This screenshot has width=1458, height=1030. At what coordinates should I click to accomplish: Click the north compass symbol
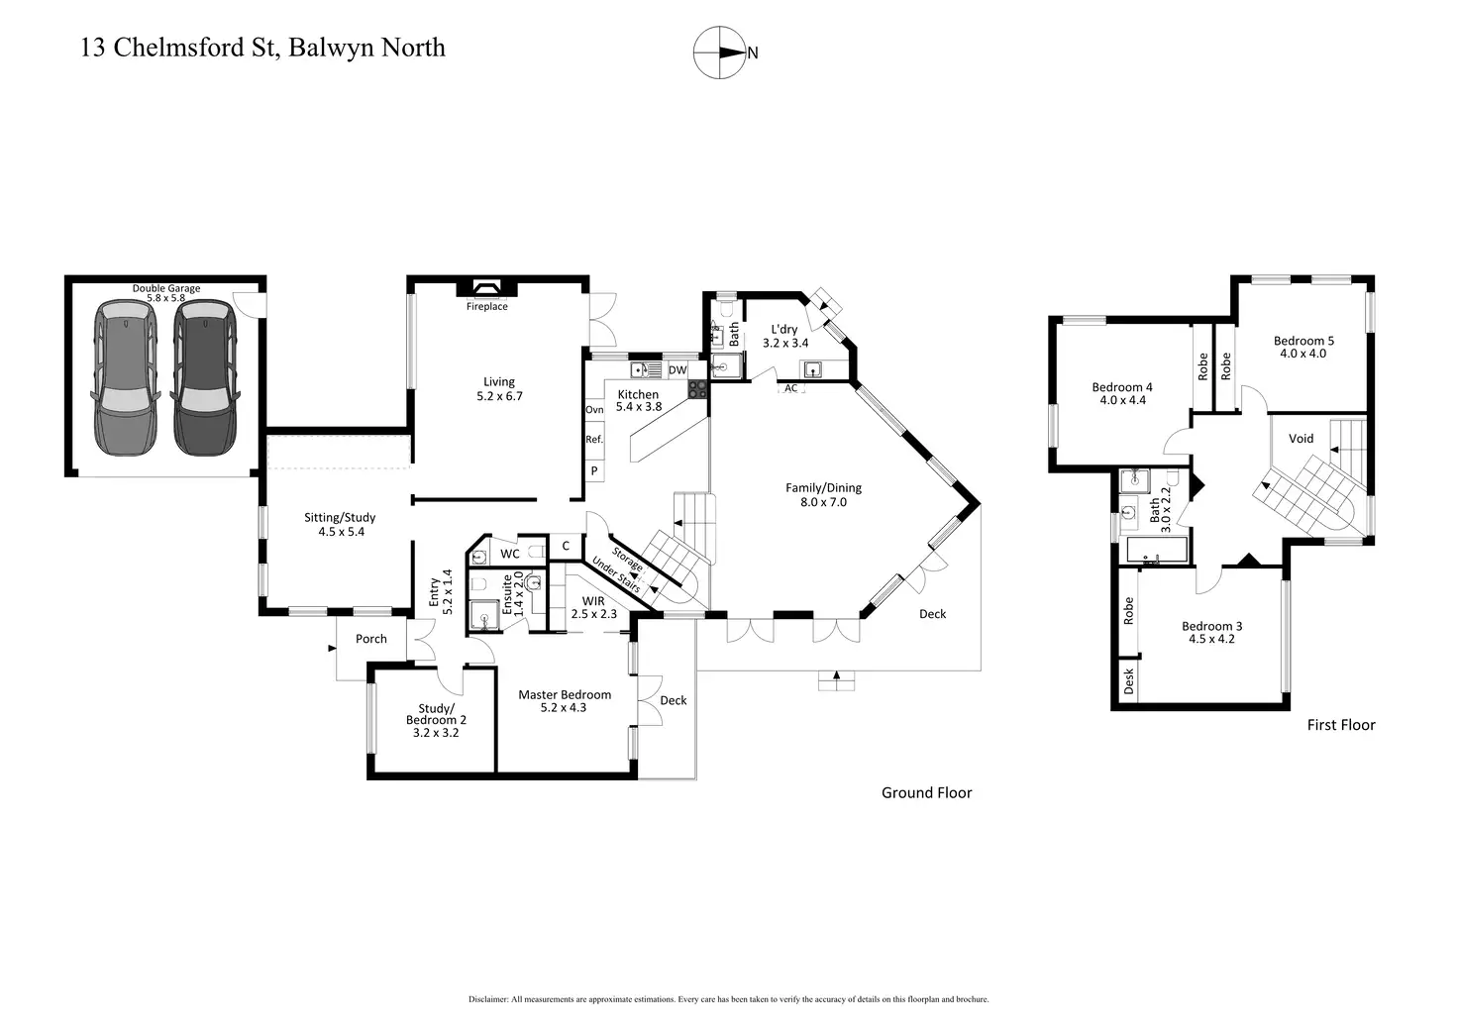coord(719,52)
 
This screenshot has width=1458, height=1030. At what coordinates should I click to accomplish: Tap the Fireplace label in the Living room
coord(487,307)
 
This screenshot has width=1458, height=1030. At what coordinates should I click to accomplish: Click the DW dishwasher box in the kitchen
coord(677,370)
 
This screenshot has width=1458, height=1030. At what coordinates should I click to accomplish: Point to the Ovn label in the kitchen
coord(594,410)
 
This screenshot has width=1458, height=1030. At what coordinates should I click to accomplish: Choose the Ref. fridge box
coord(594,440)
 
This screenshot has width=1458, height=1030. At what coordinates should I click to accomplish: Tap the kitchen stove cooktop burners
coord(698,388)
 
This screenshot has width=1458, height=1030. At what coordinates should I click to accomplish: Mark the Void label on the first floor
coord(1301,439)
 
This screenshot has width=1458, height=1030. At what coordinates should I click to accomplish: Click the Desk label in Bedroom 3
coord(1128,680)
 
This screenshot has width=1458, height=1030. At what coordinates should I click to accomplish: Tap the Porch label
coord(371,639)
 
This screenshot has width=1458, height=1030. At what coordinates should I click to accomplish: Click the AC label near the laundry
coord(791,388)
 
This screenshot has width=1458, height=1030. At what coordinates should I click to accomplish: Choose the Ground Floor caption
coord(926,792)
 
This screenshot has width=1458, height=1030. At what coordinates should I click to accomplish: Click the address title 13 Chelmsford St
coord(262,48)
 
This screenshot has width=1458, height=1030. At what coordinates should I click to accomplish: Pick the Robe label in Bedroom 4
coord(1203,366)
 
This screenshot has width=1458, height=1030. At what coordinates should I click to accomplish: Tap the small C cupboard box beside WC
coord(566,546)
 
